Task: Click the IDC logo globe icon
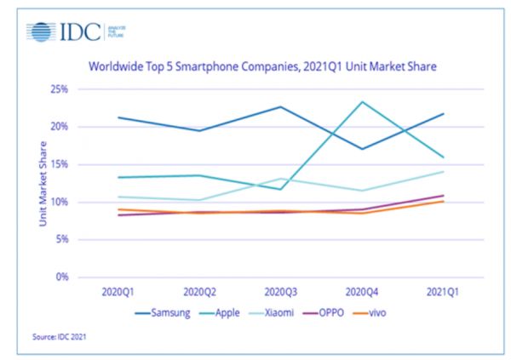pos(40,33)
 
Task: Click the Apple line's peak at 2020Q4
pos(363,102)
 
